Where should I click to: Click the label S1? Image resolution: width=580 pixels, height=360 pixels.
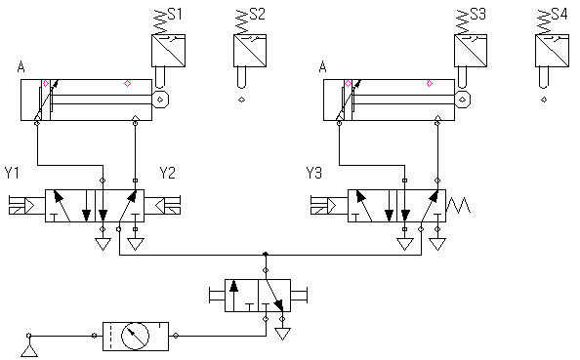click(175, 14)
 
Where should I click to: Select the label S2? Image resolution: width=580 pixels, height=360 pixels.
click(258, 14)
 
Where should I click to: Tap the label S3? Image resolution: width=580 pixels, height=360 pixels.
click(477, 14)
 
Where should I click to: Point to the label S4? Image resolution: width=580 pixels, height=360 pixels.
click(559, 14)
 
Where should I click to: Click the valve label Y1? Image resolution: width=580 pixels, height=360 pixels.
click(12, 173)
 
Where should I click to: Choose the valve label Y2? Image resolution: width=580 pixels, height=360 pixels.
click(167, 173)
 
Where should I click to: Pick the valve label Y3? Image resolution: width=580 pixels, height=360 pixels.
click(314, 173)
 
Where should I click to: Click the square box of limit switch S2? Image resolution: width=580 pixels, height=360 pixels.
click(250, 51)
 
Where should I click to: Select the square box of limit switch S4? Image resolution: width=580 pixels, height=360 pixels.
click(553, 51)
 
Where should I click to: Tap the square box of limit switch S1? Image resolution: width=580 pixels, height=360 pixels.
click(168, 51)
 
